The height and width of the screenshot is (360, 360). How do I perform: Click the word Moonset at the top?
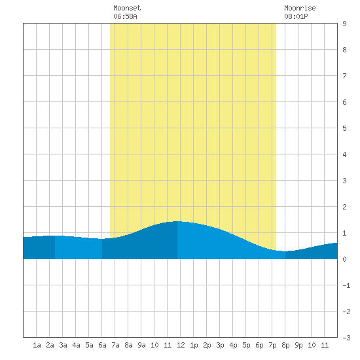click(127, 8)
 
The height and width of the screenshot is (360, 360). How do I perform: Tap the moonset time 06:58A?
click(125, 16)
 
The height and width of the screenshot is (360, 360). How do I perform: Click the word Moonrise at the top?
click(300, 8)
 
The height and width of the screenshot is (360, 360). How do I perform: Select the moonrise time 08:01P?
click(296, 16)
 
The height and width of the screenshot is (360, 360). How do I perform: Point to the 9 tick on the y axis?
click(344, 24)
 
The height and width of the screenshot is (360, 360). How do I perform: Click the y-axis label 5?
click(344, 128)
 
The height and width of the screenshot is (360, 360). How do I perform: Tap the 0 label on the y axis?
click(344, 259)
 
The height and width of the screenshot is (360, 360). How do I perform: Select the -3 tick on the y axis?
click(346, 338)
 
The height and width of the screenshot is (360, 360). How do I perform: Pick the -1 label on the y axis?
click(346, 285)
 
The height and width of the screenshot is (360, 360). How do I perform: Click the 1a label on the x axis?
click(37, 345)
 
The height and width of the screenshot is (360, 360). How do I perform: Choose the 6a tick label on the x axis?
click(102, 345)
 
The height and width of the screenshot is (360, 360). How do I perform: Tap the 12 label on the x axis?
click(181, 345)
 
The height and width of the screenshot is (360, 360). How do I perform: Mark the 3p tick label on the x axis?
click(220, 345)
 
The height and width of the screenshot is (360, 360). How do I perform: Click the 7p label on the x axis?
click(272, 345)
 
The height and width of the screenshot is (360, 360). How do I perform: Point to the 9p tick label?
click(298, 345)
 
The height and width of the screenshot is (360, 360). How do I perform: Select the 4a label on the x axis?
click(76, 345)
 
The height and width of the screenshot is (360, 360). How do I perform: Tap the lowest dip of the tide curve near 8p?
click(284, 251)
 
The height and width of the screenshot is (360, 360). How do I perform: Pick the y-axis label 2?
click(344, 207)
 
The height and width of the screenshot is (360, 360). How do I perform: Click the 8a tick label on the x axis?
click(128, 345)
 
